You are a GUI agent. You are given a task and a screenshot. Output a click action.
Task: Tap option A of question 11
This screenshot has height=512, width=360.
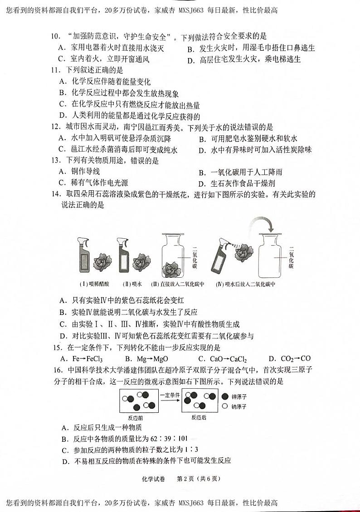tap(105, 82)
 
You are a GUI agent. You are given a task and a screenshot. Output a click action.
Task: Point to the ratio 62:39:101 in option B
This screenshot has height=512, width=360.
tap(170, 438)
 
